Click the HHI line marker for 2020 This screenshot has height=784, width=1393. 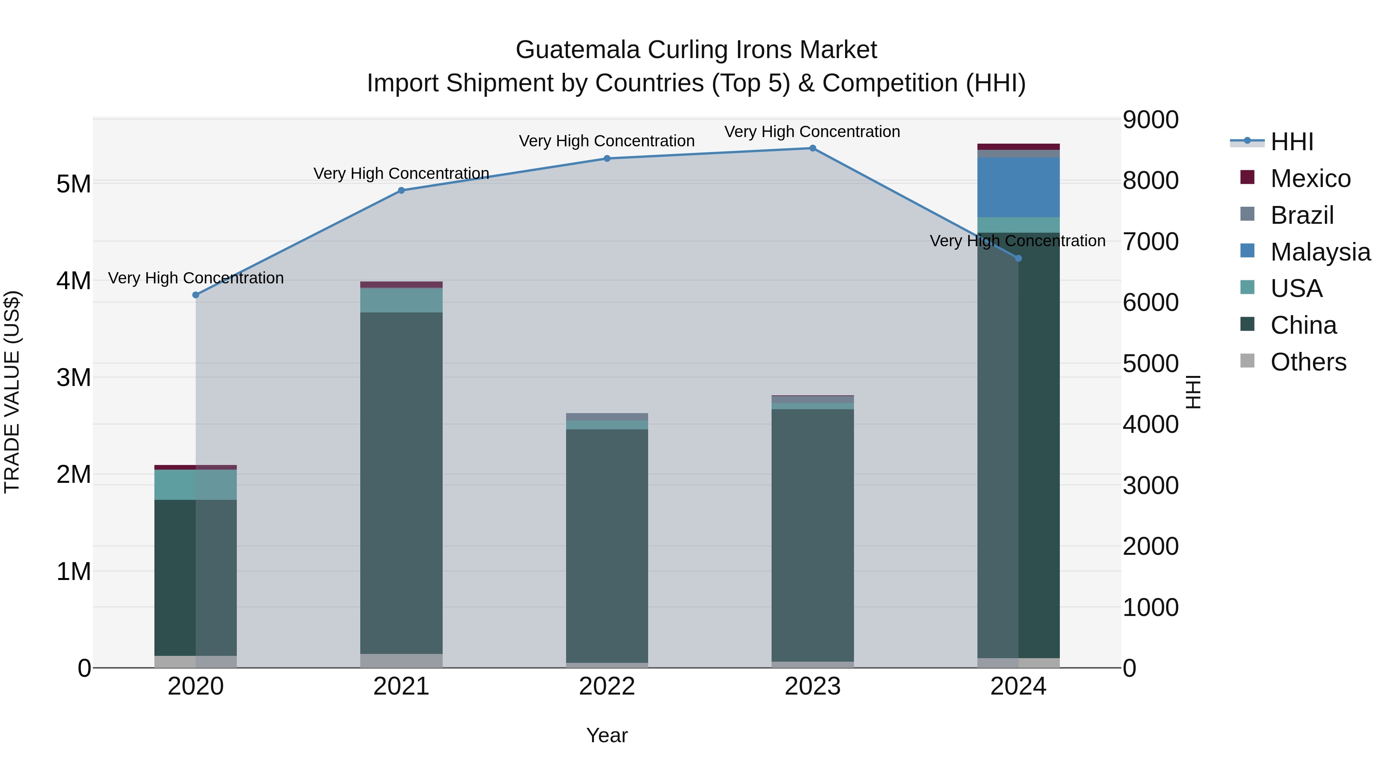tap(196, 295)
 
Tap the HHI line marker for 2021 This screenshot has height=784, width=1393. tap(401, 190)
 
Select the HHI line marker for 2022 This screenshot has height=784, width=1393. tap(607, 158)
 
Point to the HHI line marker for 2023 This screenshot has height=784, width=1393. tap(812, 148)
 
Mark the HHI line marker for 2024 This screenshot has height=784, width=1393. tap(1018, 259)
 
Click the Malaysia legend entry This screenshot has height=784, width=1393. tap(1319, 252)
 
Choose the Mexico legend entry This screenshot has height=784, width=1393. tap(1310, 178)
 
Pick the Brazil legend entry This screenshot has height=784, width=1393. tap(1302, 215)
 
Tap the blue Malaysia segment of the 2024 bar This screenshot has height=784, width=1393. tap(1018, 187)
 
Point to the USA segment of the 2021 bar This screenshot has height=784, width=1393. tap(401, 300)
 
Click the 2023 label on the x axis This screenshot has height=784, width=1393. tap(812, 686)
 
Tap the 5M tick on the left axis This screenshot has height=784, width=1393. tap(74, 184)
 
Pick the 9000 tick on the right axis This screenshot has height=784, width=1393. tap(1150, 120)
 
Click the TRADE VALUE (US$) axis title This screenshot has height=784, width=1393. tap(12, 392)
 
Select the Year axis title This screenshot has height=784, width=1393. tap(607, 735)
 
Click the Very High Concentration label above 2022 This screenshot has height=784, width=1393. tap(607, 141)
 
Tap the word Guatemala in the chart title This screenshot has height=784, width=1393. tap(578, 50)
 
